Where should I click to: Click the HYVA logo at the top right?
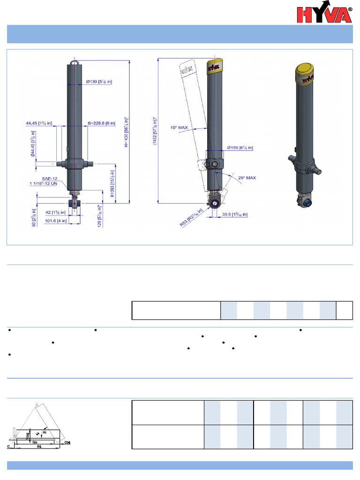coord(324,15)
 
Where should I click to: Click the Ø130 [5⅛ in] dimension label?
coord(99,82)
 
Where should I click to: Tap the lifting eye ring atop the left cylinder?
coord(75,61)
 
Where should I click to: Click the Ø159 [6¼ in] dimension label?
coord(240,148)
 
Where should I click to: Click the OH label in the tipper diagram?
coord(67,442)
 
